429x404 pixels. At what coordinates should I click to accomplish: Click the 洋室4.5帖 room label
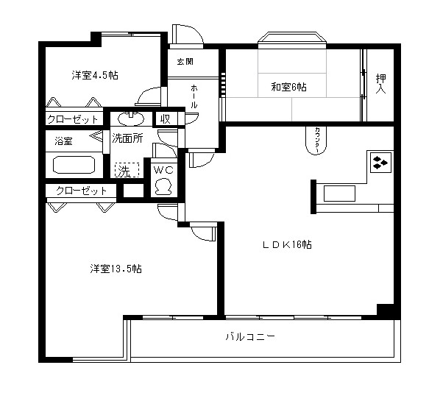pos(96,75)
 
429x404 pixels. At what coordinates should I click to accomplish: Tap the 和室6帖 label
pos(288,87)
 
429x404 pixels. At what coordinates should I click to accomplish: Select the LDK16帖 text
pos(287,244)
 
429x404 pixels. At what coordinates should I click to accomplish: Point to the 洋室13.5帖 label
pos(116,269)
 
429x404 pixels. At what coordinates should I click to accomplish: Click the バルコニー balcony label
pos(249,336)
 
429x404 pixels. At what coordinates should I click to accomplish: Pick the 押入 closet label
pos(380,83)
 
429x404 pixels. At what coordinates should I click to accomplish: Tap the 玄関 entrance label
pos(185,62)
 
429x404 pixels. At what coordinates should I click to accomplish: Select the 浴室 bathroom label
pos(63,140)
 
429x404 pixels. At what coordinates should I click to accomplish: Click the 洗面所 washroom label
pos(127,138)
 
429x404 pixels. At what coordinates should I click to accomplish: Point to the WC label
pos(163,170)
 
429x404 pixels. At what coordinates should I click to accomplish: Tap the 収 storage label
pos(166,118)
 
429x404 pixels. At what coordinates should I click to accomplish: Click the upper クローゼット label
pos(73,119)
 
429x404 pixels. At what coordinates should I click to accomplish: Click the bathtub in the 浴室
pos(71,164)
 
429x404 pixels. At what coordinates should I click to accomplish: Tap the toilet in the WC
pos(163,185)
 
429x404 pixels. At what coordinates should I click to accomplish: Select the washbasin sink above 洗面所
pos(131,118)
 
